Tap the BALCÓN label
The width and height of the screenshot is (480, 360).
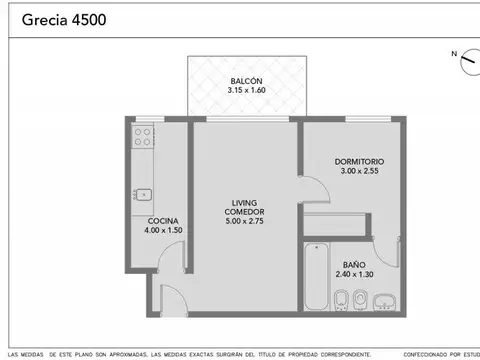coord(246,80)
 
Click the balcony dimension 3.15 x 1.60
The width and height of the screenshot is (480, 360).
coord(246,90)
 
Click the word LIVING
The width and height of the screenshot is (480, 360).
coord(245,203)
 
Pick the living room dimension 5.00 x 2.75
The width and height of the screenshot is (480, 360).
coord(245,221)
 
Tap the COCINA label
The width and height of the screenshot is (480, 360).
coord(163,221)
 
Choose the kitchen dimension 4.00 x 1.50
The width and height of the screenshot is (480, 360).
coord(163,231)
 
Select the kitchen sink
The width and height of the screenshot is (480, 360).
coord(143,194)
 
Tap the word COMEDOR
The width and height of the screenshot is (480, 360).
coord(245,212)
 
